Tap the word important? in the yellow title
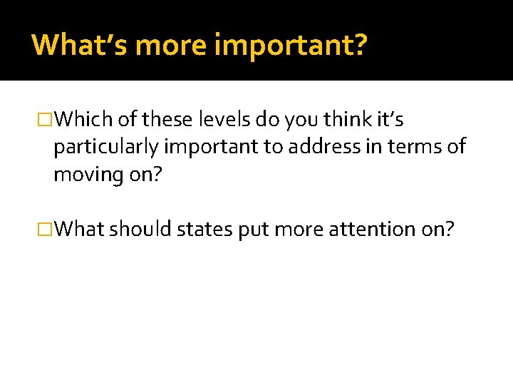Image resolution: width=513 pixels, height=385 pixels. coord(291,46)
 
